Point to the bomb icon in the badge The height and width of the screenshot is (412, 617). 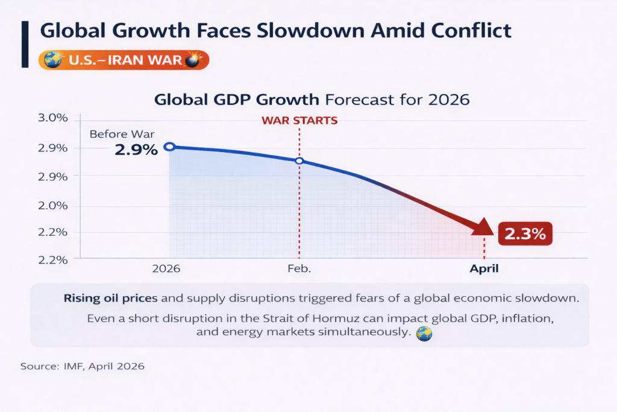click(x=194, y=60)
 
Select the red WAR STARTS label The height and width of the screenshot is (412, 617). click(x=299, y=120)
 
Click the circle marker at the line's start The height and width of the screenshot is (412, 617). click(x=170, y=147)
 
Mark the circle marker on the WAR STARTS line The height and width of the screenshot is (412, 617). click(x=299, y=161)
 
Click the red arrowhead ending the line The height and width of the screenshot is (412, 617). click(x=484, y=228)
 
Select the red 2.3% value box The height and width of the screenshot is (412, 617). click(x=525, y=235)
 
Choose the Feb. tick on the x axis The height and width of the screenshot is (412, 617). click(x=299, y=268)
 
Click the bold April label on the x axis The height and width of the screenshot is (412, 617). click(x=484, y=268)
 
